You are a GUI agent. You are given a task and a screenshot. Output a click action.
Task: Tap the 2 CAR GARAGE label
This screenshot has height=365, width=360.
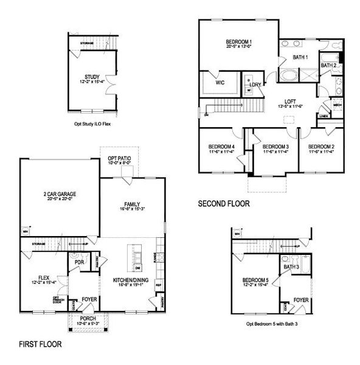click(x=59, y=195)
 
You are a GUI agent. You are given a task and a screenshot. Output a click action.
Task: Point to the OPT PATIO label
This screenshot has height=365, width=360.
click(x=123, y=158)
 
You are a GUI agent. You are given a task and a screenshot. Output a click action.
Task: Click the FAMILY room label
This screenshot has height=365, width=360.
click(x=133, y=204)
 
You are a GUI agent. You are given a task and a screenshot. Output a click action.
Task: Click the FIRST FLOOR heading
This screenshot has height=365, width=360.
click(x=40, y=344)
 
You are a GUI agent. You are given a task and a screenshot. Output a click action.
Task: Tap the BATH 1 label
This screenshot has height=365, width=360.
click(x=300, y=57)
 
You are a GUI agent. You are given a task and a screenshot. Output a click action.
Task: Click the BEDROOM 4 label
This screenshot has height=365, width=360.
click(x=221, y=147)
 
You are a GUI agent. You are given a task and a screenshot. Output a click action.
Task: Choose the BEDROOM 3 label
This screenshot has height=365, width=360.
click(x=275, y=147)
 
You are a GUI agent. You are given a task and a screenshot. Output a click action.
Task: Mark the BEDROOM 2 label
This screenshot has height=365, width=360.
click(x=320, y=147)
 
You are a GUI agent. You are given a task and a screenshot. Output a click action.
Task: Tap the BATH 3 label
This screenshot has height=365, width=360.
click(x=291, y=266)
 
